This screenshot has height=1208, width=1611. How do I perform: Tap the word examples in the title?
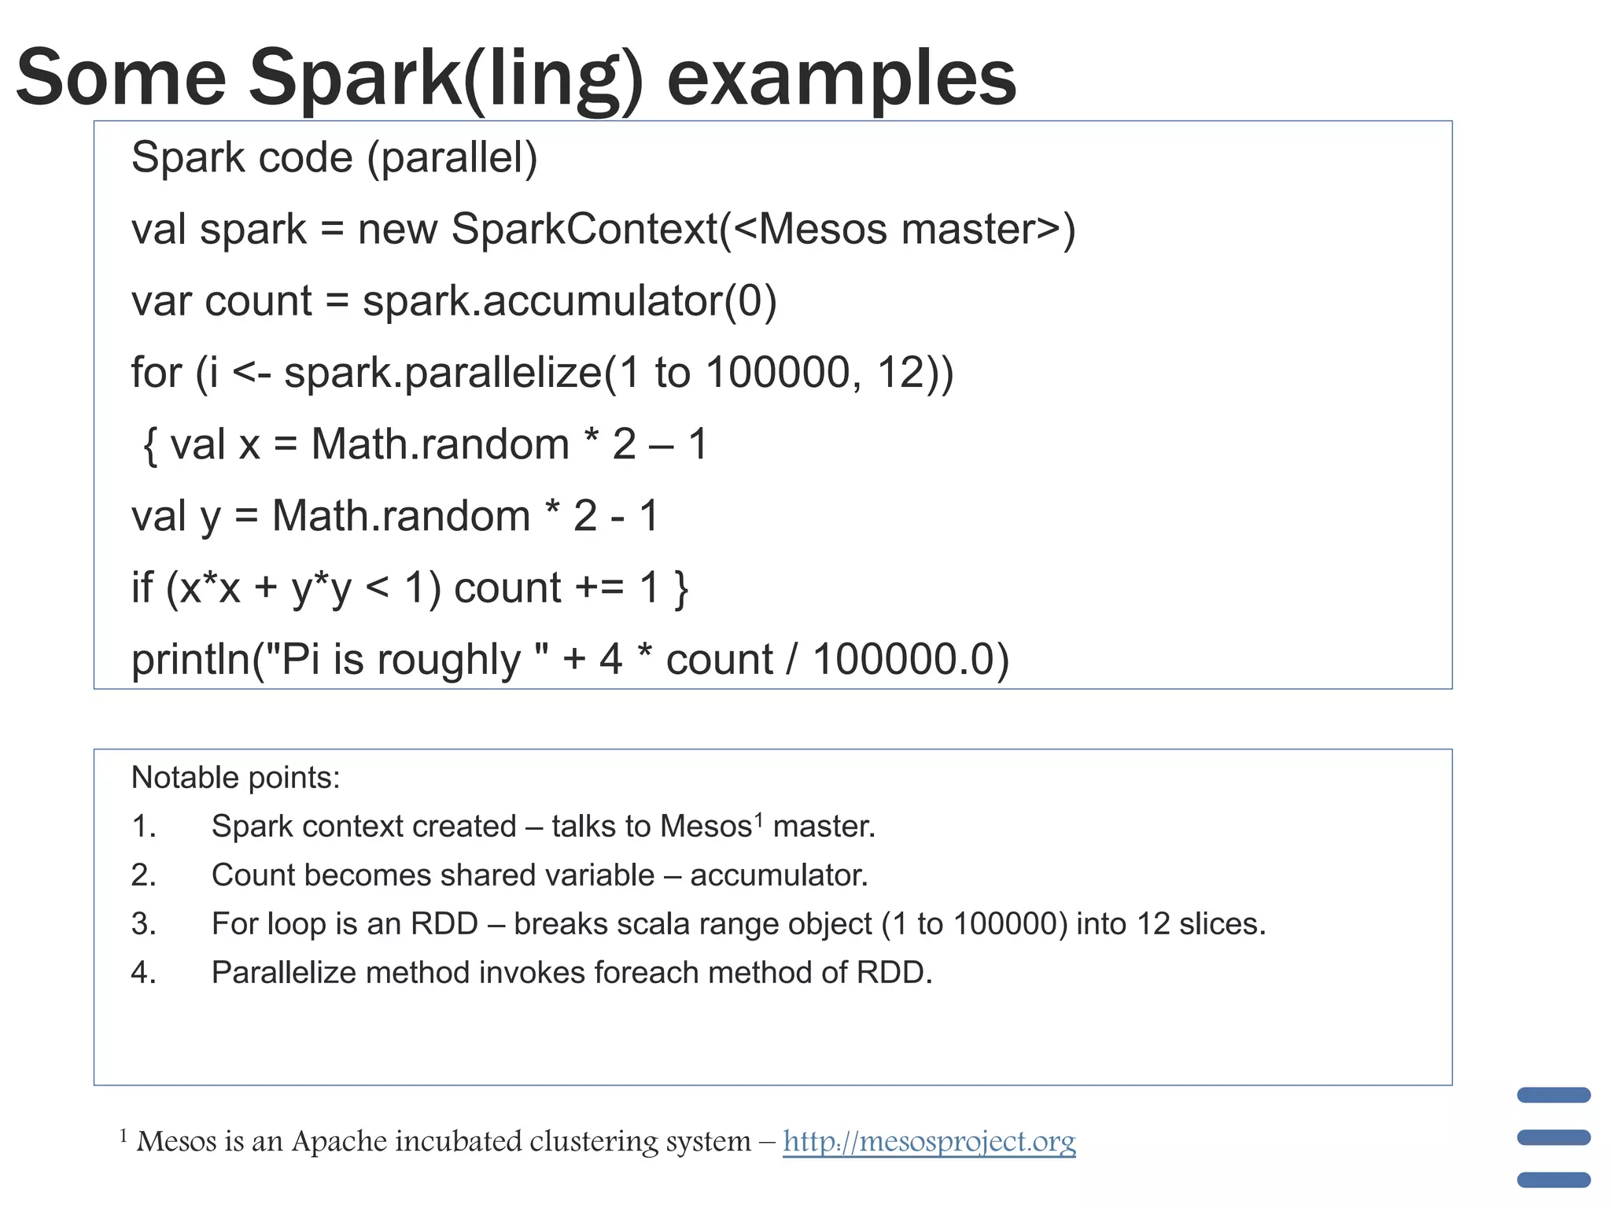tap(841, 77)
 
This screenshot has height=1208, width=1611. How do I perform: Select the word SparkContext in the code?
tap(585, 229)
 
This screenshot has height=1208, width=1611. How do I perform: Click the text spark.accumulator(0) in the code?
tap(570, 300)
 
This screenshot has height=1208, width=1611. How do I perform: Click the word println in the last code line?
tap(191, 659)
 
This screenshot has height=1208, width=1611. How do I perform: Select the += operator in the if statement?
tap(600, 587)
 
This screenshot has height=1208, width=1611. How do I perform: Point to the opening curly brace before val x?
tap(150, 446)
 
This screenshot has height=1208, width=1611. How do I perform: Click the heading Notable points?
tap(235, 777)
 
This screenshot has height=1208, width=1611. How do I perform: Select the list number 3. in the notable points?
tap(144, 923)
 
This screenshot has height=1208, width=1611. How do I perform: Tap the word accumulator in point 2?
tap(779, 875)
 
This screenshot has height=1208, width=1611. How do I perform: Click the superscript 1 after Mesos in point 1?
tap(759, 819)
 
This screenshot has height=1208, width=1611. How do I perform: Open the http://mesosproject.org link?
tap(929, 1140)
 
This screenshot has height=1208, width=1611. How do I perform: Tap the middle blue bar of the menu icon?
tap(1554, 1137)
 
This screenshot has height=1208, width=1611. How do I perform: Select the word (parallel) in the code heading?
tap(452, 157)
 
